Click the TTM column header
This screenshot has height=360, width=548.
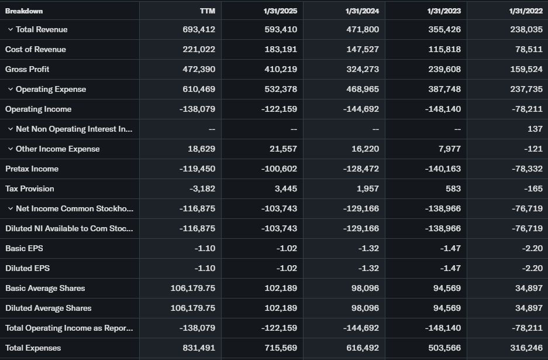pyautogui.click(x=207, y=11)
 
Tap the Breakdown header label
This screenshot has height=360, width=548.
pyautogui.click(x=24, y=11)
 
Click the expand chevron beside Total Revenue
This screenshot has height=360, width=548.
pyautogui.click(x=11, y=30)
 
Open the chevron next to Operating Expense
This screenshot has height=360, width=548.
pyautogui.click(x=11, y=90)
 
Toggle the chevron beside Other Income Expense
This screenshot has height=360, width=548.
pyautogui.click(x=11, y=149)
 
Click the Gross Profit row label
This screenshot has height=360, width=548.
pyautogui.click(x=27, y=70)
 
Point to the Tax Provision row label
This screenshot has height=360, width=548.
pyautogui.click(x=29, y=189)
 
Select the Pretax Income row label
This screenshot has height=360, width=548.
pyautogui.click(x=32, y=169)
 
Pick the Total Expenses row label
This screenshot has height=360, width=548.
pyautogui.click(x=33, y=348)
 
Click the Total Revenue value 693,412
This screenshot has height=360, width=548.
pyautogui.click(x=199, y=30)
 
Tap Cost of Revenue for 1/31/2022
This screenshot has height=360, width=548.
pyautogui.click(x=529, y=50)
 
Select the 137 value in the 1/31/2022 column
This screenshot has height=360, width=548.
pyautogui.click(x=535, y=129)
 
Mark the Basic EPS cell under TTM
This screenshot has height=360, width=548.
pyautogui.click(x=205, y=249)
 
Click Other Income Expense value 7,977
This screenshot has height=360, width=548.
pyautogui.click(x=449, y=149)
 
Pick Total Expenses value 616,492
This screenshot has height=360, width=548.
pyautogui.click(x=363, y=348)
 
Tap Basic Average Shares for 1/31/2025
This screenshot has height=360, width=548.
pyautogui.click(x=281, y=289)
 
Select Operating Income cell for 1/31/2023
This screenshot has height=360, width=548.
pyautogui.click(x=442, y=109)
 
